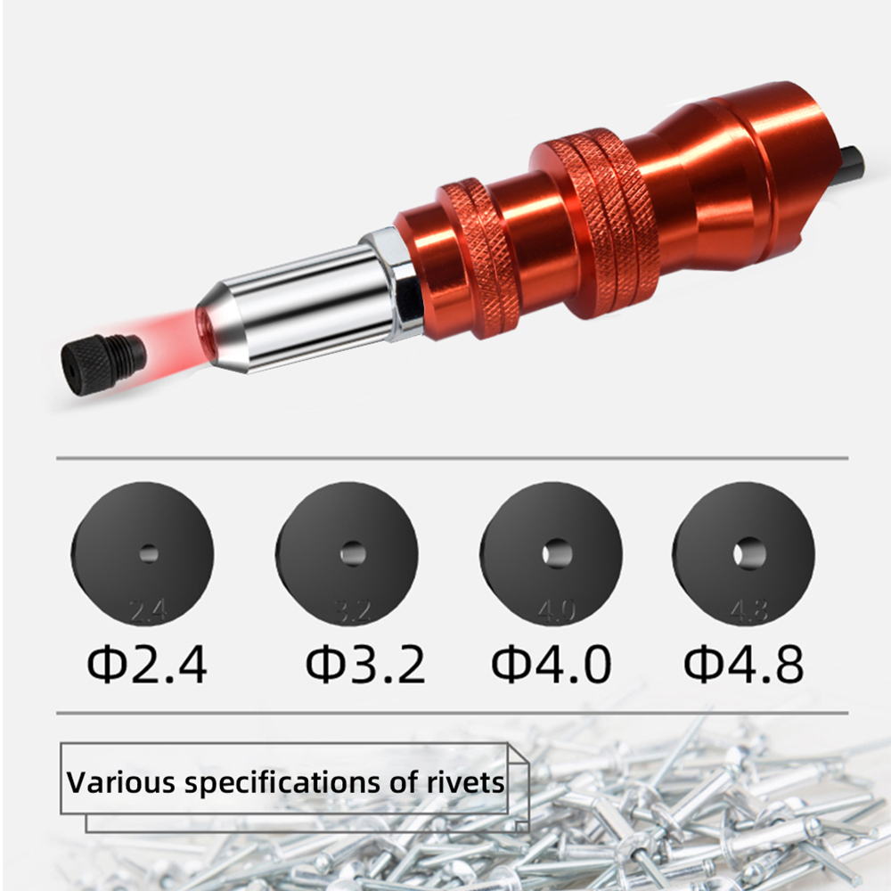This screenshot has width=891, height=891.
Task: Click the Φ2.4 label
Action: pyautogui.click(x=147, y=664)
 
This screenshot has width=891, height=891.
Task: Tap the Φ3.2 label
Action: pyautogui.click(x=365, y=664)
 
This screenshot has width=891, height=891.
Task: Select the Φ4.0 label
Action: pyautogui.click(x=552, y=664)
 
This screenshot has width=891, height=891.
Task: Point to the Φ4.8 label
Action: pyautogui.click(x=744, y=664)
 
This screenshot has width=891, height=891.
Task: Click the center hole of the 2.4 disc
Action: pyautogui.click(x=149, y=554)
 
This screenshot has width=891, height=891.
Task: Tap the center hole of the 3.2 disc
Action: pyautogui.click(x=353, y=552)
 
